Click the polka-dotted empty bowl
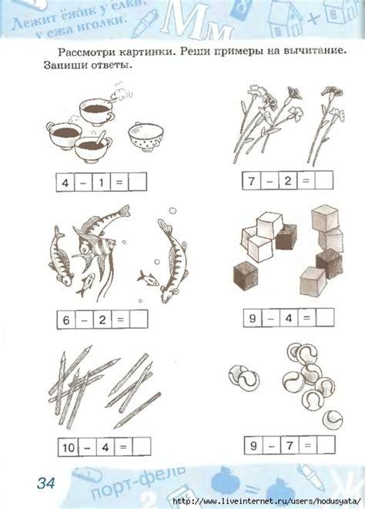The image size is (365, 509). pos(146,136)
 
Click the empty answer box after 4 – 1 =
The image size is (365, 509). pos(137,182)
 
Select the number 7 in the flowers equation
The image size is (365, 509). pos(252,180)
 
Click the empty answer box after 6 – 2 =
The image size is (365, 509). pos(139,320)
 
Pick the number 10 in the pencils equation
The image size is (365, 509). pos(69,447)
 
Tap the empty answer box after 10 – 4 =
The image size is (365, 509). pos(142,447)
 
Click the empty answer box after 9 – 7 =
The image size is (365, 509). pos(326,445)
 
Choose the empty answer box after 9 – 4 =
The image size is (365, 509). pos(325,317)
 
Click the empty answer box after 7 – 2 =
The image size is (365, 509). pos(323,180)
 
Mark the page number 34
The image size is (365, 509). pos(45,483)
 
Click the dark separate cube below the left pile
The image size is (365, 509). pos(246,276)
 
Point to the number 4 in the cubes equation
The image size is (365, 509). pos(289,318)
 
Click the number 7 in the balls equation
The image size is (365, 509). pos(290,445)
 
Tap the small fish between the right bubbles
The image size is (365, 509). pos(148,278)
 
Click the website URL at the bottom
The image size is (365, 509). pos(266,501)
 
